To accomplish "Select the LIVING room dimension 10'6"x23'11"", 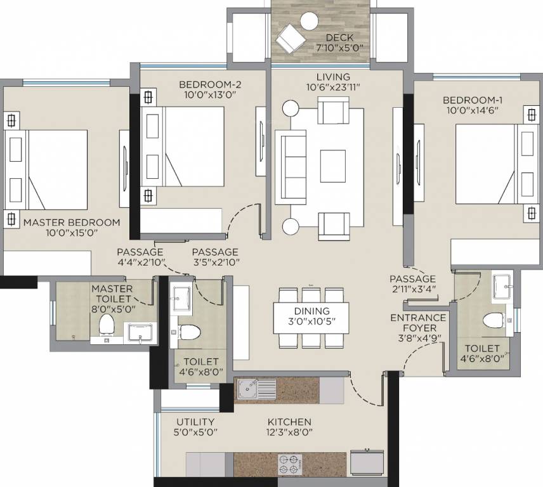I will (334, 88).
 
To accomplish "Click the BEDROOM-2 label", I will (209, 84).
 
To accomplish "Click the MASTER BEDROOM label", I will (71, 223).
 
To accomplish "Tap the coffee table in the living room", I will (332, 166).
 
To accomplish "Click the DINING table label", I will (311, 311).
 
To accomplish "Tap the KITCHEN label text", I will (289, 422).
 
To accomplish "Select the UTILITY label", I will (196, 422).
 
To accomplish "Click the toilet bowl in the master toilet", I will (107, 325).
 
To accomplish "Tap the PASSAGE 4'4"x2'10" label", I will (140, 252).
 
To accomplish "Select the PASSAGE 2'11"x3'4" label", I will (412, 279).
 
